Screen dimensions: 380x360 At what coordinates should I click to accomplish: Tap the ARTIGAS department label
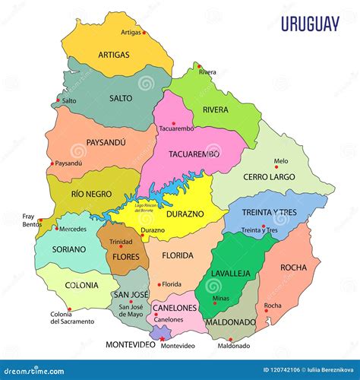point(113,55)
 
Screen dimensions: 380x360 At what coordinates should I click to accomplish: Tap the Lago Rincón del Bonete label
point(150,207)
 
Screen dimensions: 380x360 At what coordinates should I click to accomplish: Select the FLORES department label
point(125,257)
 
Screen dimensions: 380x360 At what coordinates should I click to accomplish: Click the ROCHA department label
point(293,268)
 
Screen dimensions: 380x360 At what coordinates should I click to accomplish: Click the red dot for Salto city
point(58,99)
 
